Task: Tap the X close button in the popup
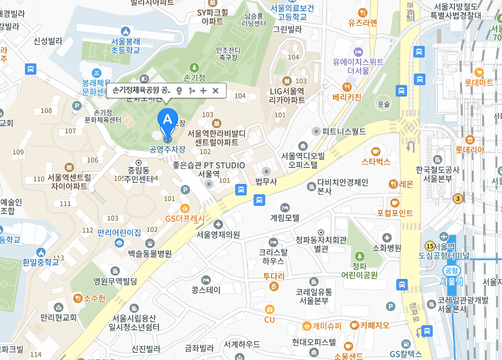[x=216, y=91]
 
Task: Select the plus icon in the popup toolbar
[x=203, y=91]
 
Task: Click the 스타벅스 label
[x=376, y=161]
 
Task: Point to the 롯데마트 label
[x=479, y=83]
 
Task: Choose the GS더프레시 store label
[x=185, y=218]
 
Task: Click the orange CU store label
[x=269, y=319]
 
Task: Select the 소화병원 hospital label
[x=386, y=247]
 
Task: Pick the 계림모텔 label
[x=285, y=217]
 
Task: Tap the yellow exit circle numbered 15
[x=429, y=246]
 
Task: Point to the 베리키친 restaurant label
[x=347, y=97]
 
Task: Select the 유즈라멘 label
[x=363, y=22]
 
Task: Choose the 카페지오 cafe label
[x=374, y=325]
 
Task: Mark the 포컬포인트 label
[x=395, y=213]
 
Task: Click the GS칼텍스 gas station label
[x=405, y=353]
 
